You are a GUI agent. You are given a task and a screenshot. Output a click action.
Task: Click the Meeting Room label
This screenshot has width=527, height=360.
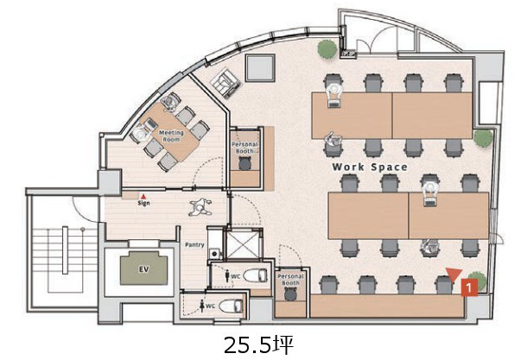pyautogui.click(x=171, y=136)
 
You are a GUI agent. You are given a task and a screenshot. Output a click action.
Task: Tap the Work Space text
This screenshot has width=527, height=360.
pyautogui.click(x=370, y=167)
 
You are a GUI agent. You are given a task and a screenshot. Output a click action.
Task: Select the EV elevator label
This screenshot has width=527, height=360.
pyautogui.click(x=144, y=269)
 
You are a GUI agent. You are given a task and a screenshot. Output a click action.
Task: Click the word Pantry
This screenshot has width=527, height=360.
pyautogui.click(x=194, y=245)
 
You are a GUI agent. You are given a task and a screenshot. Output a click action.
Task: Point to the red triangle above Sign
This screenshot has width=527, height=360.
pyautogui.click(x=143, y=197)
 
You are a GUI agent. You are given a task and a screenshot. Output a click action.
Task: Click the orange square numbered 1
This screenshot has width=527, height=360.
pyautogui.click(x=469, y=287)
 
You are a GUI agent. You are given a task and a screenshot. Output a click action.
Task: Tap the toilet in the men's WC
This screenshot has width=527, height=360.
pyautogui.click(x=256, y=275)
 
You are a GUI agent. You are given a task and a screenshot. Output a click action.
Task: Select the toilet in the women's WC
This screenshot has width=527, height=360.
pyautogui.click(x=231, y=306)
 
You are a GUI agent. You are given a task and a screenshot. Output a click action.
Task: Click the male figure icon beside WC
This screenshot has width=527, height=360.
pyautogui.click(x=227, y=277)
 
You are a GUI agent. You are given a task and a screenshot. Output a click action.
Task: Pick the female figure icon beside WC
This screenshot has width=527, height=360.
pyautogui.click(x=202, y=306)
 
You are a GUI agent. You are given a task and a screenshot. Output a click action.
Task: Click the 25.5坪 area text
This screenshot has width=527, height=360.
pyautogui.click(x=258, y=344)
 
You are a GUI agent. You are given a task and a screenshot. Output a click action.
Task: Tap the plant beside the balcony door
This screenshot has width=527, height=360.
pyautogui.click(x=327, y=49)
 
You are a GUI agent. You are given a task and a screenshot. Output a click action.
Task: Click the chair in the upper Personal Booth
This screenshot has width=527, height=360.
pyautogui.click(x=245, y=163)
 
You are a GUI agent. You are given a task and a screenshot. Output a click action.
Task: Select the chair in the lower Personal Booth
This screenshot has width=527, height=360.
pyautogui.click(x=291, y=294)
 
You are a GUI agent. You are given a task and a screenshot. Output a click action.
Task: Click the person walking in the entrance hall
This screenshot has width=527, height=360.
pyautogui.click(x=200, y=207)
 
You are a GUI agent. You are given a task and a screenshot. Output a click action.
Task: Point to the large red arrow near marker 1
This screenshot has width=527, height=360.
pyautogui.click(x=454, y=275)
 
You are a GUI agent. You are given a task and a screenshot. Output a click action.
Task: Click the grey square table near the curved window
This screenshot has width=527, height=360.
pyautogui.click(x=260, y=68)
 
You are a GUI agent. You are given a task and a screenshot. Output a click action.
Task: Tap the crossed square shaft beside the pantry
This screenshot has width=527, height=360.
pyautogui.click(x=244, y=244)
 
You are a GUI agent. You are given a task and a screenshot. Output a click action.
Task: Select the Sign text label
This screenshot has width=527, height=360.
pyautogui.click(x=143, y=203)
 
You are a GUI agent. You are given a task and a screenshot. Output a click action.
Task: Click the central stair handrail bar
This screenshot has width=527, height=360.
pyautogui.click(x=65, y=250)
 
